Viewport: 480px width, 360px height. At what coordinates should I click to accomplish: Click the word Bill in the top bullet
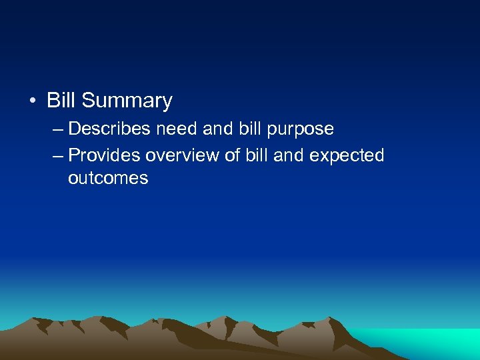click(61, 101)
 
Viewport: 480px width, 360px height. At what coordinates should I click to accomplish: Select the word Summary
click(127, 101)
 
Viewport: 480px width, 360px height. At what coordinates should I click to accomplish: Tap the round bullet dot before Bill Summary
click(33, 101)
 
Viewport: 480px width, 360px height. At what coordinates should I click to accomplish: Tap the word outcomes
click(108, 179)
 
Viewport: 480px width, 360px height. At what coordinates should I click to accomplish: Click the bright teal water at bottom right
click(433, 343)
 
